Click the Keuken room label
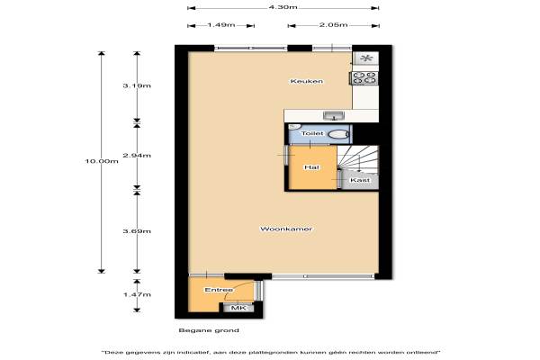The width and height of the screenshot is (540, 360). pyautogui.click(x=307, y=81)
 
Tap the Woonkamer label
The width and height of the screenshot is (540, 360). pyautogui.click(x=286, y=229)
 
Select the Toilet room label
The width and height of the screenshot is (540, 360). pyautogui.click(x=312, y=133)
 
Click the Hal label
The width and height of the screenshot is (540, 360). pyautogui.click(x=311, y=167)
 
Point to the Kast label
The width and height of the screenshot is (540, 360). pyautogui.click(x=360, y=180)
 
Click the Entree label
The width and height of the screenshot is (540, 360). pyautogui.click(x=219, y=290)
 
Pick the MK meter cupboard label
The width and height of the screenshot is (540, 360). pyautogui.click(x=238, y=308)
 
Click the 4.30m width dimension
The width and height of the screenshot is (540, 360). pyautogui.click(x=283, y=7)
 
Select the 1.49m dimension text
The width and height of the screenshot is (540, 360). pyautogui.click(x=221, y=25)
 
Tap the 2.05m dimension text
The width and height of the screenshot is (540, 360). pyautogui.click(x=333, y=25)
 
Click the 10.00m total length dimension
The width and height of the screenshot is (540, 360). pyautogui.click(x=102, y=161)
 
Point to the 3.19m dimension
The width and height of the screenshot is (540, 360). pyautogui.click(x=137, y=85)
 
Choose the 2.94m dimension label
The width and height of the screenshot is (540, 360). pyautogui.click(x=137, y=156)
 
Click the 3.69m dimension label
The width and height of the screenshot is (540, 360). pyautogui.click(x=137, y=231)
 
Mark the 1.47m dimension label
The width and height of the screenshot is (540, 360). pyautogui.click(x=137, y=294)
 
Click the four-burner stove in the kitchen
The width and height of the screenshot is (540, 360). pyautogui.click(x=364, y=77)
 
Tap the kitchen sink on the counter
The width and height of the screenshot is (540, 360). pyautogui.click(x=334, y=116)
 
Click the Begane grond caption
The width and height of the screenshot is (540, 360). pyautogui.click(x=209, y=330)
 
